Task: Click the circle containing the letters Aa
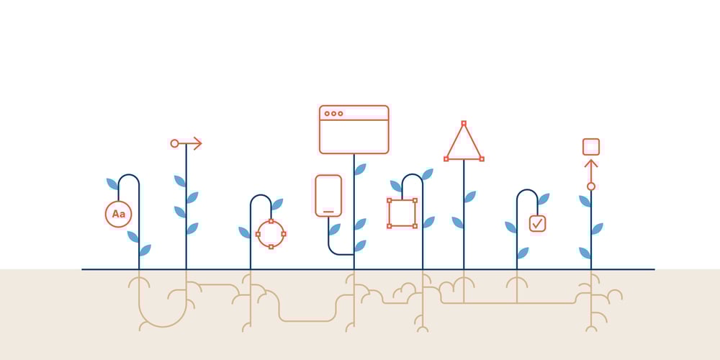[x=118, y=214]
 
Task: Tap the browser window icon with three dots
[x=354, y=130]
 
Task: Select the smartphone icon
[x=328, y=195]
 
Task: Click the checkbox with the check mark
[x=537, y=224]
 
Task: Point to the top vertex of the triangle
[x=464, y=123]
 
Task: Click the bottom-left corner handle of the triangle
[x=446, y=158]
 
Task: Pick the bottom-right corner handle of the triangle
[x=482, y=158]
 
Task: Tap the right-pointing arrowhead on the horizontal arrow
[x=197, y=143]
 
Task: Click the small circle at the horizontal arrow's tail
[x=174, y=143]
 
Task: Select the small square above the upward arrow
[x=591, y=147]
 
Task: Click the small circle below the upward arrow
[x=591, y=186]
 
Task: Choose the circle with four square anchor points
[x=271, y=233]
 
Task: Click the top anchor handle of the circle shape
[x=271, y=220]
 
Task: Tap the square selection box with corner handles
[x=402, y=213]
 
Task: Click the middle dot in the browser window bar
[x=333, y=114]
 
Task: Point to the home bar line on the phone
[x=328, y=212]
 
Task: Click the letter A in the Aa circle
[x=115, y=214]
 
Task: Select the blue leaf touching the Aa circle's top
[x=112, y=184]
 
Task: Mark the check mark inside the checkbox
[x=537, y=224]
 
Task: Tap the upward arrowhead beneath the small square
[x=591, y=163]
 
